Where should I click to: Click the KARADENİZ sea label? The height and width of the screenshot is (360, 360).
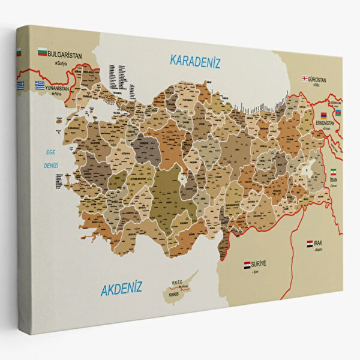tap(196, 61)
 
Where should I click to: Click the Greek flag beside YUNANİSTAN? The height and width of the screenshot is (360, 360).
tap(40, 85)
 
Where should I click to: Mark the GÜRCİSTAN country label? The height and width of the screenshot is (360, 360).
tap(325, 79)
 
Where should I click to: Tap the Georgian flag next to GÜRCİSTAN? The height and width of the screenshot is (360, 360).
tap(305, 78)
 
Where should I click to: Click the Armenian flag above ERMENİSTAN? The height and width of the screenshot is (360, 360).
tap(323, 115)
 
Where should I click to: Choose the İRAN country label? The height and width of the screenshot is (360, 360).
tap(334, 179)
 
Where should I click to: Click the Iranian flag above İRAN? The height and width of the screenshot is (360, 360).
tap(334, 171)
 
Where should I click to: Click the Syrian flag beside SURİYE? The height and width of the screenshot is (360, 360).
tap(247, 264)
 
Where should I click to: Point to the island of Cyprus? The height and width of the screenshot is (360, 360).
tap(181, 286)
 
